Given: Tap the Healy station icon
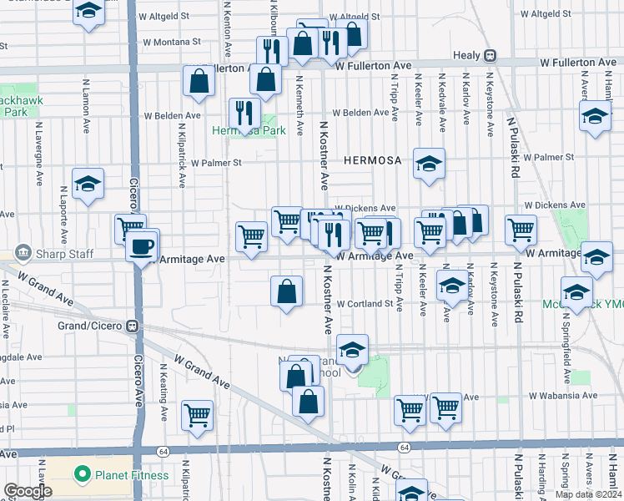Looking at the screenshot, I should point(491,56).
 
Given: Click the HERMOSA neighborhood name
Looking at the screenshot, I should point(371,159).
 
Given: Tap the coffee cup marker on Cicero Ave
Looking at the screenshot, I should point(143,245).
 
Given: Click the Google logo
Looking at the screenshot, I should point(28,491).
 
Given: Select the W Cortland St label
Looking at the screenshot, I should point(365,304).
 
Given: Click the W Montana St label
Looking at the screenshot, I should point(172,41).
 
